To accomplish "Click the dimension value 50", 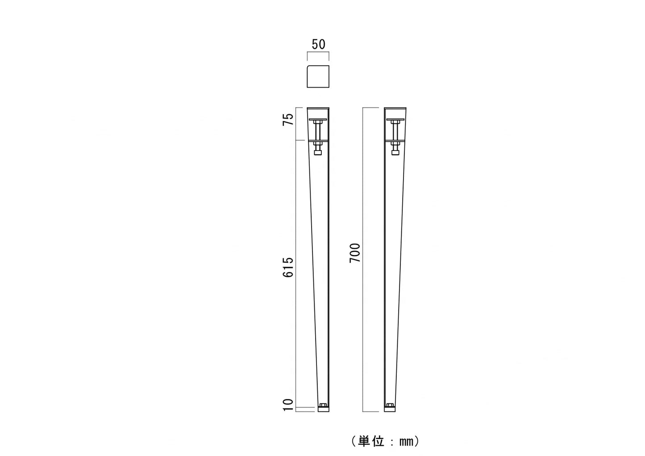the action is click(x=318, y=44).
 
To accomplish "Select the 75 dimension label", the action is click(x=288, y=119).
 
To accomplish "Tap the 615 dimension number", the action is click(x=288, y=268).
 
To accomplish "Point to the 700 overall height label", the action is click(x=355, y=253).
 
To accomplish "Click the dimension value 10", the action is click(x=288, y=405).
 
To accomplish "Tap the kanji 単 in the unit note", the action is click(x=364, y=441).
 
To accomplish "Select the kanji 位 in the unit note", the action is click(x=378, y=441).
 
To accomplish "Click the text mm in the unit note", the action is click(x=406, y=442).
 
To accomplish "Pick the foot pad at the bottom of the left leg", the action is click(x=324, y=409).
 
